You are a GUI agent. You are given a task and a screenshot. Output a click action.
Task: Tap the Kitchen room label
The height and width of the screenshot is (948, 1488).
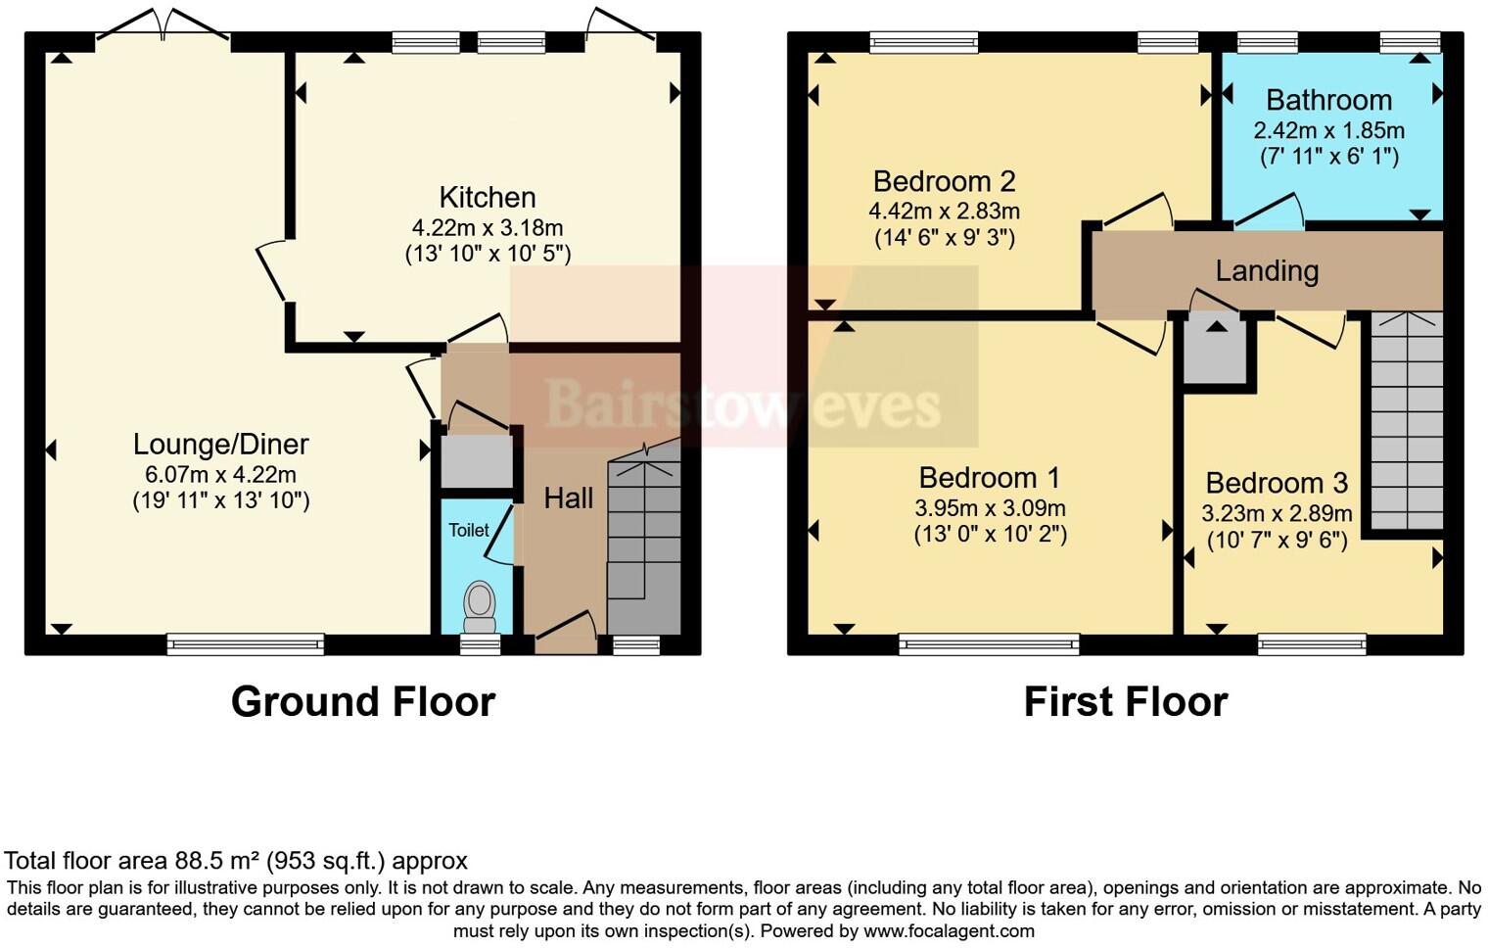click(x=488, y=197)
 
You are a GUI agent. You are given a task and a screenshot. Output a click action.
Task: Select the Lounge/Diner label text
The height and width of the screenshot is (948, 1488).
click(x=221, y=444)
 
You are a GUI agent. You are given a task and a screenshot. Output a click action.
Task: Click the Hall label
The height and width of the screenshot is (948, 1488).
click(x=569, y=498)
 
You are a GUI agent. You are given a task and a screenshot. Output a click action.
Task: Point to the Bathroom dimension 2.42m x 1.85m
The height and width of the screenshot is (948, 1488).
click(x=1328, y=130)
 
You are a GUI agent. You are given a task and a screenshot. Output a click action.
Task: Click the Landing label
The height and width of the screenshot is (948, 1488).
click(x=1267, y=270)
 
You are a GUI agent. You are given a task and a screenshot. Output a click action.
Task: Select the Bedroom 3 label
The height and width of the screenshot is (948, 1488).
click(x=1277, y=483)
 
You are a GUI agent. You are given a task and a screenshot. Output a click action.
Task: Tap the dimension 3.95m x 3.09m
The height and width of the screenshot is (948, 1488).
click(x=990, y=508)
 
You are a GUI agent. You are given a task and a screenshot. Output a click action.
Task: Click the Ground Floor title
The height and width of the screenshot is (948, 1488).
click(x=363, y=702)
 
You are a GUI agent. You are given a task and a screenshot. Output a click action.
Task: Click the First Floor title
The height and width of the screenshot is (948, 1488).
click(x=1126, y=702)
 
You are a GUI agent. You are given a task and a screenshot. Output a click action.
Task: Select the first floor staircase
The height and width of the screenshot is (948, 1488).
click(x=1407, y=421)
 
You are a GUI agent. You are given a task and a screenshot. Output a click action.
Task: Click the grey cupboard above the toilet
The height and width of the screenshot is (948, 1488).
click(x=477, y=460)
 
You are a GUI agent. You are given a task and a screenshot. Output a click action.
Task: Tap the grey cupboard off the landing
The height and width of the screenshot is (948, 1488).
click(x=1215, y=353)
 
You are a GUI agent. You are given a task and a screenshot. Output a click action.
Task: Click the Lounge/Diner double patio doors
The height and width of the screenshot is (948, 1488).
click(x=163, y=29)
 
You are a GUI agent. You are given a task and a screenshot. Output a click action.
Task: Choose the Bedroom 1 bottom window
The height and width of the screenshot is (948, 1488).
click(x=989, y=643)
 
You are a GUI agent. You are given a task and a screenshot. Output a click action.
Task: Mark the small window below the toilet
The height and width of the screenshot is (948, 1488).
click(x=481, y=643)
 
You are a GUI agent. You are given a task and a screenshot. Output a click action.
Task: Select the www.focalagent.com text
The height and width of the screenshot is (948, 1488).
click(x=949, y=931)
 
